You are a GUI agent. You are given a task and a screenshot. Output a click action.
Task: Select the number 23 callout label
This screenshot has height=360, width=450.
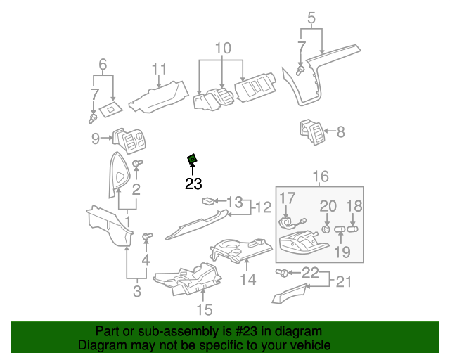[x=193, y=185]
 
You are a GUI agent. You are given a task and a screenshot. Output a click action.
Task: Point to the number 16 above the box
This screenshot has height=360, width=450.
[x=321, y=176]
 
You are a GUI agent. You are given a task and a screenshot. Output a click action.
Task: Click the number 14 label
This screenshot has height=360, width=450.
[x=247, y=280]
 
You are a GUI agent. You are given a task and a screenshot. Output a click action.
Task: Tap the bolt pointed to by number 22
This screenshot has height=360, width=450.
[x=283, y=272]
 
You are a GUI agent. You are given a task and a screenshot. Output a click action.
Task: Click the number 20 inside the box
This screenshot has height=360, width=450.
[x=328, y=205]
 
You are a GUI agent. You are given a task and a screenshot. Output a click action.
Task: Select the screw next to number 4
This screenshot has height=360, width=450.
[x=147, y=236]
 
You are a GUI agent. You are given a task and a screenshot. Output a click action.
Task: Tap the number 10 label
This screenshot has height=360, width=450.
[x=222, y=49]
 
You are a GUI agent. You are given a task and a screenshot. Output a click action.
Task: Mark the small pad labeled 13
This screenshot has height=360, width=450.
[x=208, y=201]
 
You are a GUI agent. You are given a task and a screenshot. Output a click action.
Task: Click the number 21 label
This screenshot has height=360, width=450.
[x=343, y=282]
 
